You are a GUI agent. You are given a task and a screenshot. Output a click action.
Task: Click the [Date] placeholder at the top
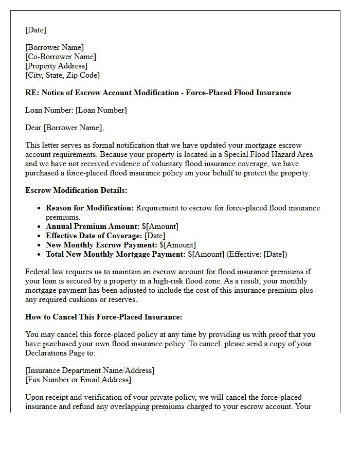point(35,30)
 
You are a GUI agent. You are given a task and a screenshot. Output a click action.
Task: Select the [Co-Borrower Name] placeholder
point(61,57)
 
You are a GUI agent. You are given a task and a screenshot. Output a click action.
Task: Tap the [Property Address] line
point(57,66)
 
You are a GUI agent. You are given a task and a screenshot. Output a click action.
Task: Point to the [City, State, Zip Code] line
point(62,75)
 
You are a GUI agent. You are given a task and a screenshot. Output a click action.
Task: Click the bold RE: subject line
point(158,93)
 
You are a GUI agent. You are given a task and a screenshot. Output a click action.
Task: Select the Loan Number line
point(76,110)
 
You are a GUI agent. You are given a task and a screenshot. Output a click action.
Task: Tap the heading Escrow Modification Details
point(76,190)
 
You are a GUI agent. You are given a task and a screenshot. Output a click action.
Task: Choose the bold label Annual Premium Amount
point(85,226)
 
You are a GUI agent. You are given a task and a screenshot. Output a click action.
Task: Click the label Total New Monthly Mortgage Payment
point(116,254)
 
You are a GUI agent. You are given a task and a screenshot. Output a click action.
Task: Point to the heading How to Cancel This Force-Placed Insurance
point(103,317)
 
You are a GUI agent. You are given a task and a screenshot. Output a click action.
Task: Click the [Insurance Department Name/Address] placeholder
point(90,370)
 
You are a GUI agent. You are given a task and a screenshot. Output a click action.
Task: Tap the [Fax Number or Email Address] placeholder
point(78,380)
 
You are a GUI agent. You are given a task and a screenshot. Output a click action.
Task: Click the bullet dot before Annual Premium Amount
point(40,226)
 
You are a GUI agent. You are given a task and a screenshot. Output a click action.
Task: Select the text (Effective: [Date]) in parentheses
point(257,254)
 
